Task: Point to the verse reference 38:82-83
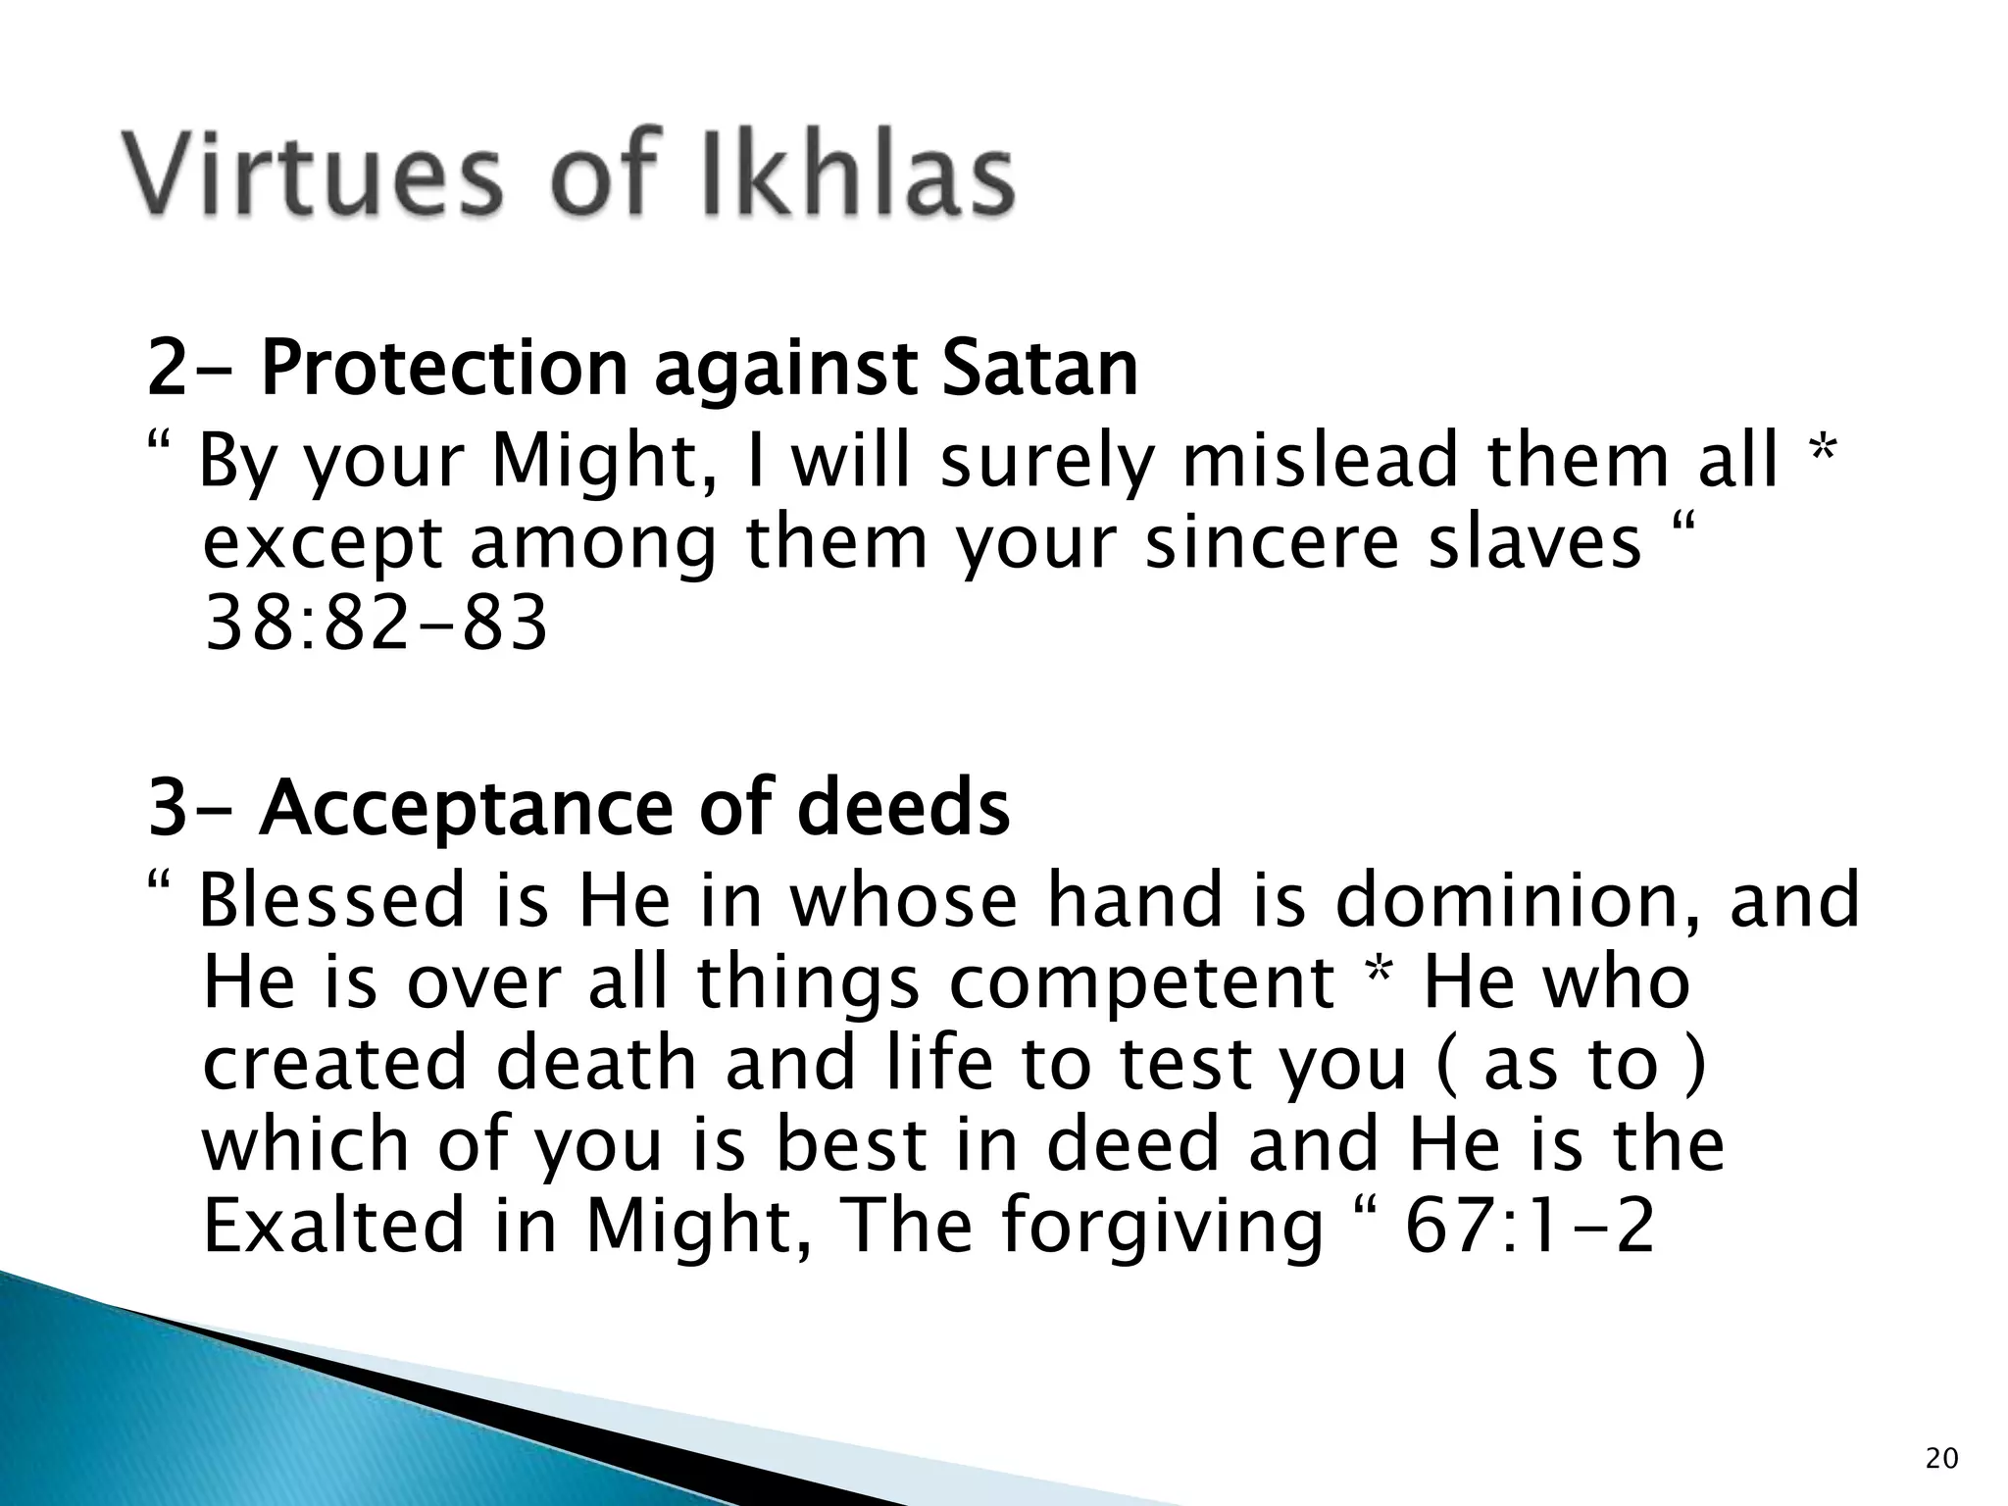tap(375, 624)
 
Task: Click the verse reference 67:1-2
tap(1531, 1226)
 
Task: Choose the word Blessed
tap(332, 901)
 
